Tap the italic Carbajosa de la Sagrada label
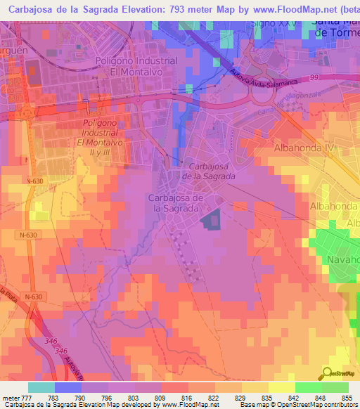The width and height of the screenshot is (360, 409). (x=212, y=171)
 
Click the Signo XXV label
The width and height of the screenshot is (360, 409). (x=275, y=23)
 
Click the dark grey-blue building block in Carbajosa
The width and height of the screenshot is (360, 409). (x=210, y=220)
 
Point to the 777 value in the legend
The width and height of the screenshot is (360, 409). (x=26, y=398)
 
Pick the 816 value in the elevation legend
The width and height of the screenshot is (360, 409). (x=187, y=398)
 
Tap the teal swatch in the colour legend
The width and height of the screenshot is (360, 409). (x=41, y=387)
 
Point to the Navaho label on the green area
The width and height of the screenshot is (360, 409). (x=342, y=259)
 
